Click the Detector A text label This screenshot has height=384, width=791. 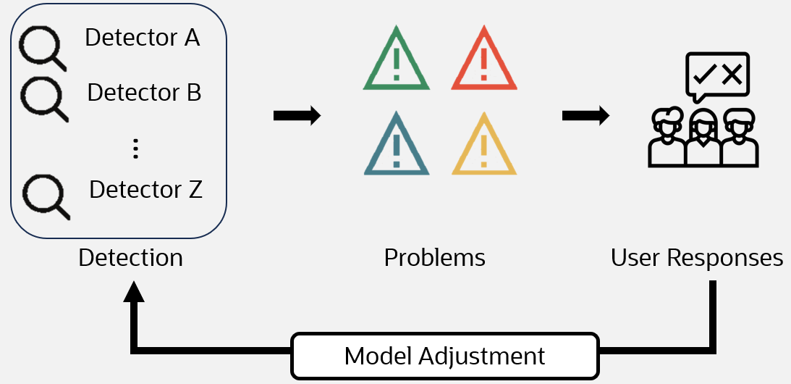[x=142, y=38]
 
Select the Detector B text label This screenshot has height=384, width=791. [x=144, y=93]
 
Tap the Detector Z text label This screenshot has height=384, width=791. [x=145, y=190]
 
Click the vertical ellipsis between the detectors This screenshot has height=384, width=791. [x=135, y=148]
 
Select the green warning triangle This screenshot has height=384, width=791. [x=396, y=62]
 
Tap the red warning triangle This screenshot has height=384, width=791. [x=484, y=62]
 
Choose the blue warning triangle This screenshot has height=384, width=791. [x=396, y=147]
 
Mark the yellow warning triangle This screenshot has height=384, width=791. [x=484, y=147]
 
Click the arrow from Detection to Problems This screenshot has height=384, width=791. [x=297, y=116]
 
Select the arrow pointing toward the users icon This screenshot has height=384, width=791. [x=585, y=116]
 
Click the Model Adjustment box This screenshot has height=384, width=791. [x=444, y=356]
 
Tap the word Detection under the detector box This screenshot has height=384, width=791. [x=130, y=258]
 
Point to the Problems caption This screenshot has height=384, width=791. [x=434, y=258]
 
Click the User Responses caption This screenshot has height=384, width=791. [x=697, y=258]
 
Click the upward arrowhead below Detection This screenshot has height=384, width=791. [x=134, y=291]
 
